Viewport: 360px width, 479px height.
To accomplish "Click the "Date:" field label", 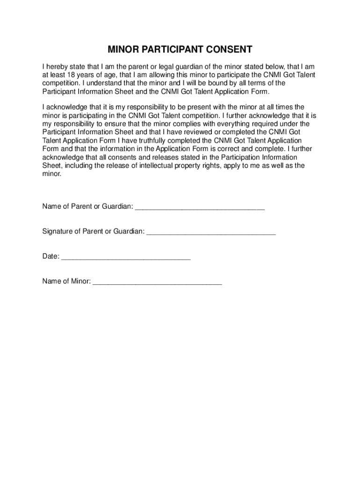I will coord(51,256).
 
